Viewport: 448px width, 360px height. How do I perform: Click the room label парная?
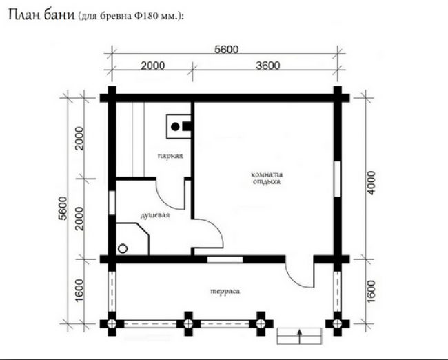(x=170, y=156)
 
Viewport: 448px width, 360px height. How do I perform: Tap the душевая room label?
(x=155, y=215)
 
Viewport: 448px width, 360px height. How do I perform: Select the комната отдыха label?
(x=267, y=178)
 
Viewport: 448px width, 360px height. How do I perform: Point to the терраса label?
(x=225, y=291)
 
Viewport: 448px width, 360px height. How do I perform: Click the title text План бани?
(x=41, y=14)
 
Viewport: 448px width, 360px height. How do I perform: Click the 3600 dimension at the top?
(x=267, y=66)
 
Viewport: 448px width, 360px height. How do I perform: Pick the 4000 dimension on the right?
(x=371, y=183)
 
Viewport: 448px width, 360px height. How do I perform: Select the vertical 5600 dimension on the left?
(x=63, y=208)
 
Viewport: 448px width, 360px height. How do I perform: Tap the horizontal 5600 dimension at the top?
(x=226, y=50)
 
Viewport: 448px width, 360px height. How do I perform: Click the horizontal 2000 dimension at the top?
(x=153, y=66)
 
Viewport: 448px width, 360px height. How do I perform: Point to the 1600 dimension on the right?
(x=371, y=291)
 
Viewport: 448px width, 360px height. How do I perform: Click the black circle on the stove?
(x=175, y=127)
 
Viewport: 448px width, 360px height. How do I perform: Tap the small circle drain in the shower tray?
(x=123, y=248)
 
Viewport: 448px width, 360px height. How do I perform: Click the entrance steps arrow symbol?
(x=299, y=337)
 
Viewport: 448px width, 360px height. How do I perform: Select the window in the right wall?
(x=338, y=179)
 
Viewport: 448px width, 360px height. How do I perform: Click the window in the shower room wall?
(x=112, y=203)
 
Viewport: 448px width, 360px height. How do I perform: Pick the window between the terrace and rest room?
(x=225, y=259)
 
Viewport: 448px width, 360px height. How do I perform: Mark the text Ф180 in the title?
(x=145, y=16)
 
